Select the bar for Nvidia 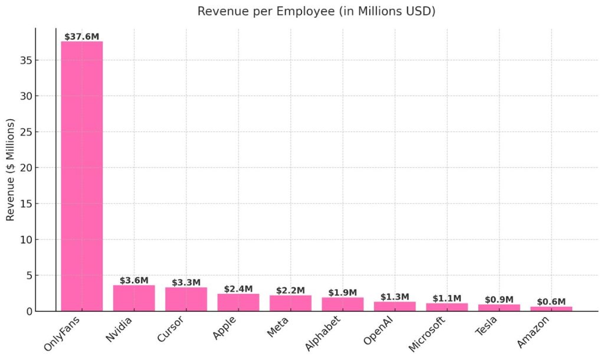[134, 298]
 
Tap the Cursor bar [186, 299]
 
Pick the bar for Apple [238, 302]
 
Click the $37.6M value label [82, 36]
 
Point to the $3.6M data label [134, 280]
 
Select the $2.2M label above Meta [290, 290]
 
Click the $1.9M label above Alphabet [343, 293]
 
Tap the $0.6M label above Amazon [551, 302]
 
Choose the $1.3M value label [395, 297]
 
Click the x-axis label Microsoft [428, 333]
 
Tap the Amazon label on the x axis [534, 331]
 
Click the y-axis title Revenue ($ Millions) [11, 169]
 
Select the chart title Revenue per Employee [316, 11]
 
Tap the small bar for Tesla [499, 307]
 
